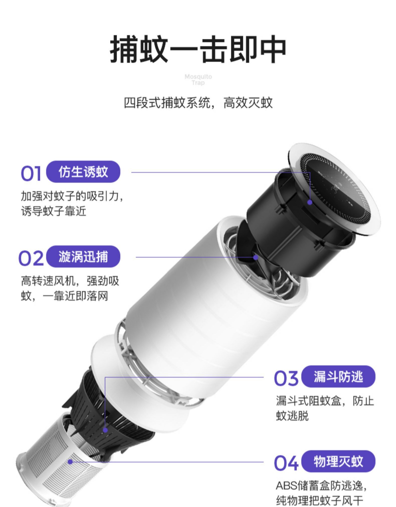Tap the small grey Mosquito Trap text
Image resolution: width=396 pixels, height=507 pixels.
(x=198, y=80)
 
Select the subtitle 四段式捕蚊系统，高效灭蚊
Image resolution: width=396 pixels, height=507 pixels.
(x=198, y=103)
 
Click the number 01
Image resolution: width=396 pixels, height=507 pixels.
(x=31, y=173)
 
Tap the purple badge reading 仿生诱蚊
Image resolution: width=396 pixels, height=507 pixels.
(x=83, y=172)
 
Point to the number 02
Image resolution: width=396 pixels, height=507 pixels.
(x=31, y=258)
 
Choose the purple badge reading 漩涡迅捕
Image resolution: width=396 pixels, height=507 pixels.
(x=83, y=257)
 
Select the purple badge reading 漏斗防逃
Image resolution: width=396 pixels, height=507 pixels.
(x=338, y=377)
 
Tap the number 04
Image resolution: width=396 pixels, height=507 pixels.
(x=286, y=463)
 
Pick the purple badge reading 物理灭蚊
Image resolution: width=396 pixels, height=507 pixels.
(x=338, y=461)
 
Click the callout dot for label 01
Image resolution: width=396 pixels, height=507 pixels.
(x=310, y=202)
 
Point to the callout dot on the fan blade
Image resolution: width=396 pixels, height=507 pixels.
(x=255, y=257)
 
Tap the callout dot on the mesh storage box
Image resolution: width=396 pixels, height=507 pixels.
(x=70, y=462)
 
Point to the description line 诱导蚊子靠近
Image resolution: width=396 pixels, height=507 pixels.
(x=53, y=211)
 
